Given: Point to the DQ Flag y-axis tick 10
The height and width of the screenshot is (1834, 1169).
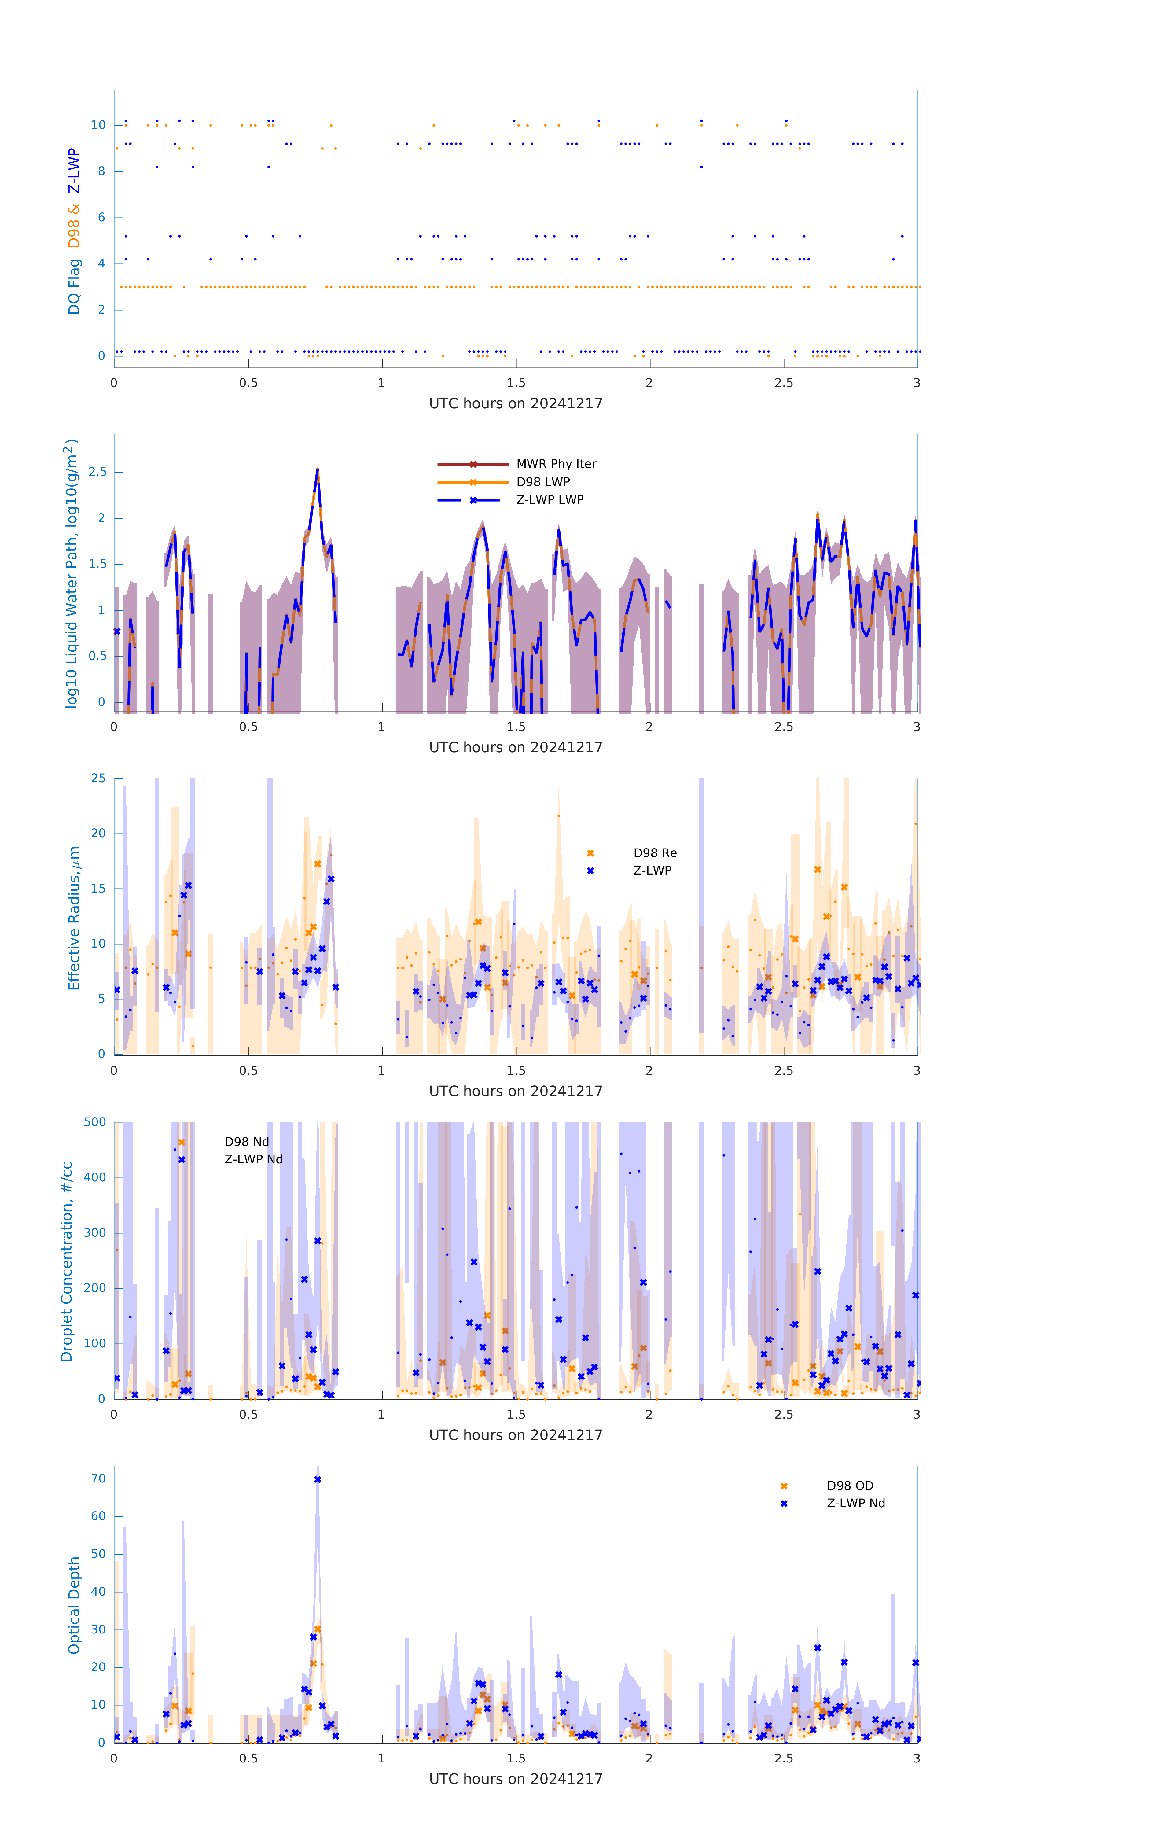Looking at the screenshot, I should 98,125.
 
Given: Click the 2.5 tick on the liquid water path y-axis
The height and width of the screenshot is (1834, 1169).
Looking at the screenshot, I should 97,472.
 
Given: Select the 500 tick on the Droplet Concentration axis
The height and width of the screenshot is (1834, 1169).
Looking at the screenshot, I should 95,1122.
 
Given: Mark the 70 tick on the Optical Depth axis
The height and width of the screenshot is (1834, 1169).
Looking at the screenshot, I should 98,1478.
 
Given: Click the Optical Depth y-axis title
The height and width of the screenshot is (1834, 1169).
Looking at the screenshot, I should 74,1605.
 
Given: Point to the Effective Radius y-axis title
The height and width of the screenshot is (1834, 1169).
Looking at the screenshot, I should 74,918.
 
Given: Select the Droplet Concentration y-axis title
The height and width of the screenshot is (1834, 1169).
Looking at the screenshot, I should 67,1261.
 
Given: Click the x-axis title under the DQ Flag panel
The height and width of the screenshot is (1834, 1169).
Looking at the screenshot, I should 516,404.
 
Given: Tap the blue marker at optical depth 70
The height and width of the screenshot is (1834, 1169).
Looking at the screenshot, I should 318,1479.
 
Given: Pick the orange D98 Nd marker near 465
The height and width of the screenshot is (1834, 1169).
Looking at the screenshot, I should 181,1143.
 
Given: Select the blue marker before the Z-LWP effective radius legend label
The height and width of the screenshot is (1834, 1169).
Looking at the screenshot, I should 590,871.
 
